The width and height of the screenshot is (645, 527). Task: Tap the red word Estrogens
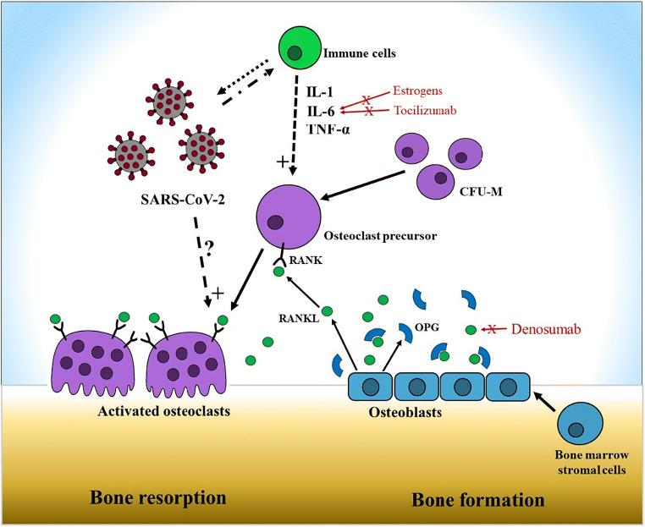420,91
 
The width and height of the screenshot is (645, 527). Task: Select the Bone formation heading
477,499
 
